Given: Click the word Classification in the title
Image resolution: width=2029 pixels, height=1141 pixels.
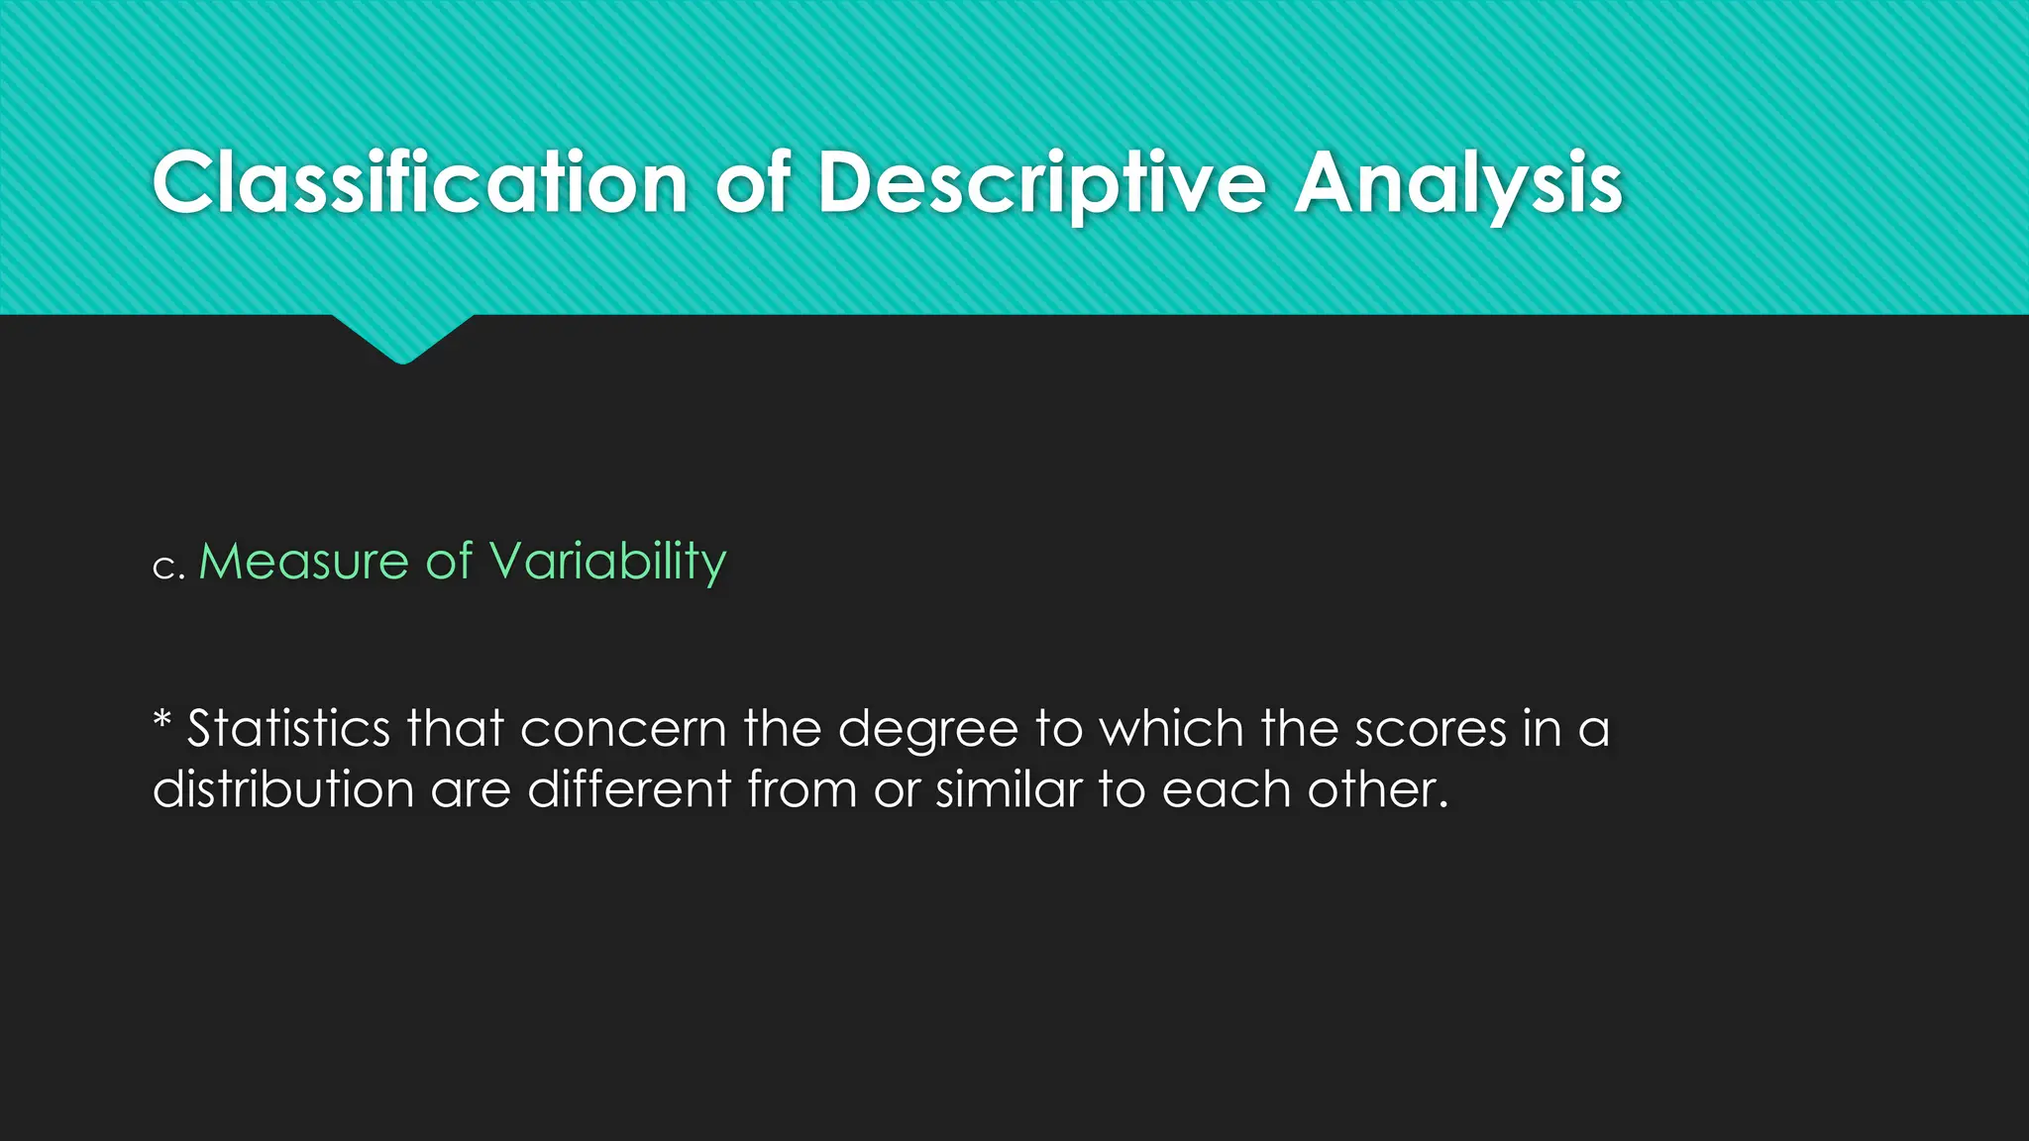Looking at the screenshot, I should coord(420,183).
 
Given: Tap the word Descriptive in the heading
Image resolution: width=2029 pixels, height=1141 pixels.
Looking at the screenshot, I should coord(1041,185).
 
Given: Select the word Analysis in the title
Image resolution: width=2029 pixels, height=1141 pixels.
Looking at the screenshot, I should coord(1458,185).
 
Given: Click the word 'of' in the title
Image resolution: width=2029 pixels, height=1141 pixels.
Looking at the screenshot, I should coord(753,183).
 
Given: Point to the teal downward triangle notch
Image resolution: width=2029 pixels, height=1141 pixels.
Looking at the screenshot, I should coord(402,337).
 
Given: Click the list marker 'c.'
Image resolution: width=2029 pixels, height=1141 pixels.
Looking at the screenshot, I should coord(168,567).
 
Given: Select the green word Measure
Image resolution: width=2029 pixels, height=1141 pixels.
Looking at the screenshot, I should coord(303,562).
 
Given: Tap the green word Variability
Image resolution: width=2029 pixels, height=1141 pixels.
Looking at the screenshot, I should coord(608,563).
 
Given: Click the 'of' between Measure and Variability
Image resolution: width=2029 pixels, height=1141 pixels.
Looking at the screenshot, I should coord(449,562).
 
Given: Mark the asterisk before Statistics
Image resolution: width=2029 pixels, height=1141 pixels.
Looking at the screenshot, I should coord(162,720).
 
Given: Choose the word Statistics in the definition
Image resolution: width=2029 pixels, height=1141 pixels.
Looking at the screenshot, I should coord(288,729).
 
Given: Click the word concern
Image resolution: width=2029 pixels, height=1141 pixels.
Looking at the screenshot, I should coord(623,729).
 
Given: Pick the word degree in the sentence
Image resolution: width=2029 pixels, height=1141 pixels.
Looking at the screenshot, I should coord(927,731).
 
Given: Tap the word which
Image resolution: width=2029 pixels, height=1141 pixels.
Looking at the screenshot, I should coord(1171,729).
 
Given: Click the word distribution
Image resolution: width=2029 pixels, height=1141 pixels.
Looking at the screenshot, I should coord(283,789).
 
